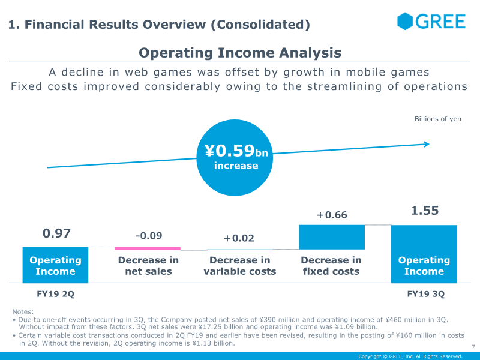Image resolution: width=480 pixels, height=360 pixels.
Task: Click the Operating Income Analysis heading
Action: coord(240,53)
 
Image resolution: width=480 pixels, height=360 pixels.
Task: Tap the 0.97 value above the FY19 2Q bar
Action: coord(56,233)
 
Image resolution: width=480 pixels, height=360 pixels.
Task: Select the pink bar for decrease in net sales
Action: coord(148,248)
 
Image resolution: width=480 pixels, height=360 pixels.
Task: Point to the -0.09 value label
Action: coord(149,236)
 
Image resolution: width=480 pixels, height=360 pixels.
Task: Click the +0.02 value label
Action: coord(239,238)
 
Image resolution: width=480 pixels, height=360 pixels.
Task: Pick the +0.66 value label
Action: coord(332,215)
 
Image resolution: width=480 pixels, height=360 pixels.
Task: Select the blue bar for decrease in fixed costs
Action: coord(332,237)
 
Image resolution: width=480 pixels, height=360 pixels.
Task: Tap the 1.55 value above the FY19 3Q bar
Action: coord(425,211)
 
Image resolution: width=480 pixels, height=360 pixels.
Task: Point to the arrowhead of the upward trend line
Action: coord(426,144)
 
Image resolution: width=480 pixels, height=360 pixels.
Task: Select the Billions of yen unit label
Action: coord(438,119)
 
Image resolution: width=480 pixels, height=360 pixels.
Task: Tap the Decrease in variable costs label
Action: coord(240,266)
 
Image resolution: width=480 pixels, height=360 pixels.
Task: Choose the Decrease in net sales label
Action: coord(148,266)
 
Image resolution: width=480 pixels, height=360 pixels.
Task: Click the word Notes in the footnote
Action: coord(23,311)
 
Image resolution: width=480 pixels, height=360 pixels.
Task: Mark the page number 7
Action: coord(473,347)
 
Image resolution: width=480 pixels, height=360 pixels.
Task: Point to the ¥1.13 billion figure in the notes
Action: coord(209,343)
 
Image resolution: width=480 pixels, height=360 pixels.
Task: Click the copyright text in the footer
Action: coord(410,356)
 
